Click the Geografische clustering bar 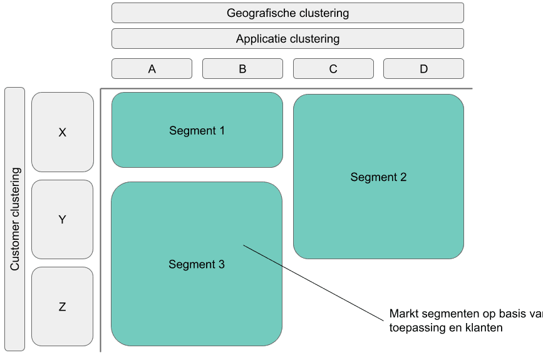287,13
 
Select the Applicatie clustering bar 287,39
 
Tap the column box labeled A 152,69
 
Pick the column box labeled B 242,69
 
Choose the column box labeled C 333,69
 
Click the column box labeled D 423,69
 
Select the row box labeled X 62,132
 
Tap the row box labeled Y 62,220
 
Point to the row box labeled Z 62,307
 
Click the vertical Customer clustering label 15,219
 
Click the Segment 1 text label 197,131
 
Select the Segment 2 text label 378,177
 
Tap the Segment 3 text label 197,265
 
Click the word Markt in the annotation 402,314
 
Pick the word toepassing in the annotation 410,327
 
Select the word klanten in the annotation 484,327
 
